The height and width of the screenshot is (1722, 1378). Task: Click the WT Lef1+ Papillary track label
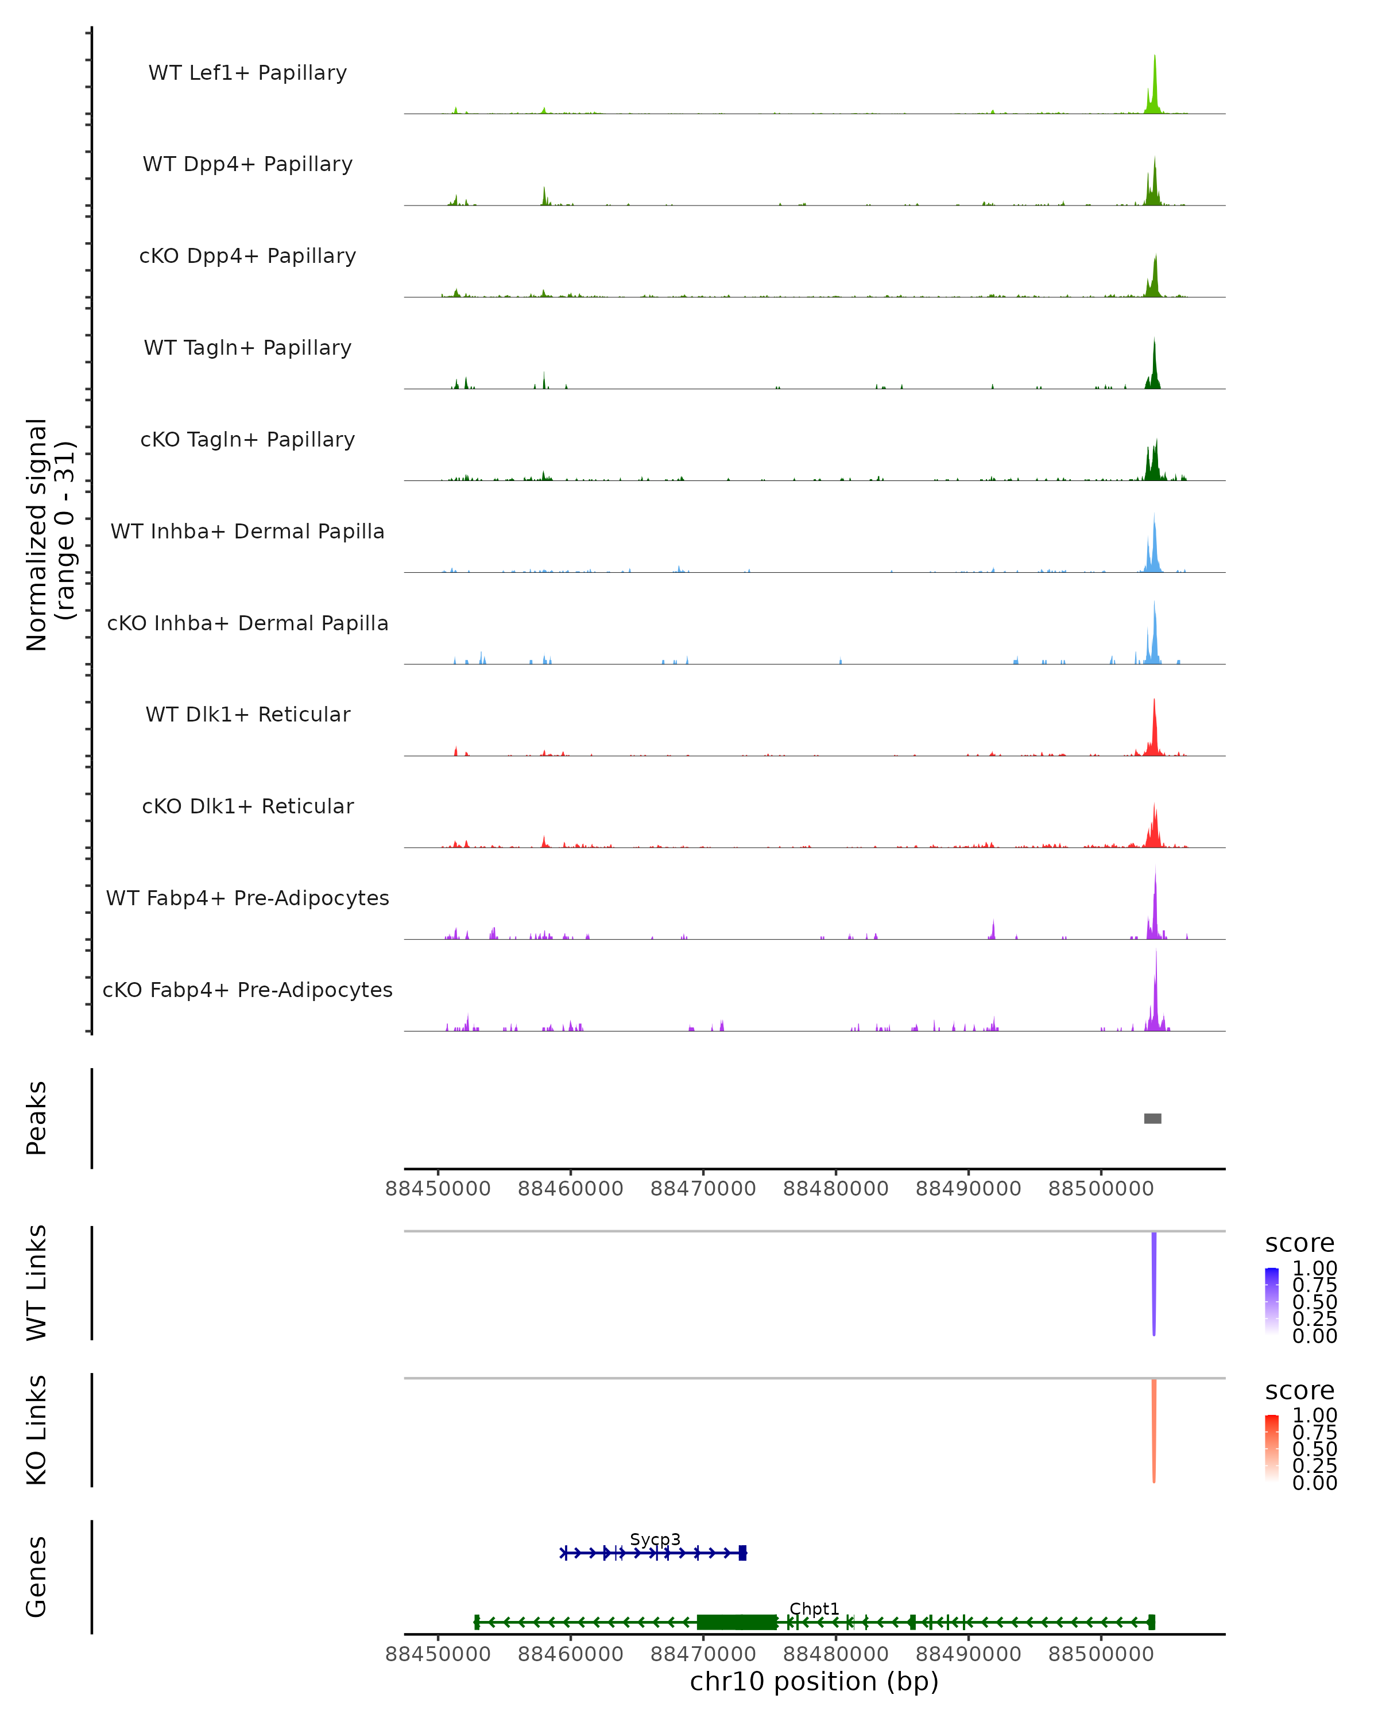(x=247, y=73)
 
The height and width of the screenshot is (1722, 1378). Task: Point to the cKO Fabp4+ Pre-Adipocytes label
(x=247, y=990)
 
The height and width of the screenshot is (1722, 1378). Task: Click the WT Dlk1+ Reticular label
(x=247, y=714)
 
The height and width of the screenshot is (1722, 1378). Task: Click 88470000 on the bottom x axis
(x=703, y=1654)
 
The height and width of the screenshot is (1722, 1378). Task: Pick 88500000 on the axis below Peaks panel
(x=1101, y=1189)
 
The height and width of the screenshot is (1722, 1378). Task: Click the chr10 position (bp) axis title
(x=814, y=1681)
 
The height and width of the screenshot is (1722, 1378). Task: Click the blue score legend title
(x=1299, y=1244)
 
